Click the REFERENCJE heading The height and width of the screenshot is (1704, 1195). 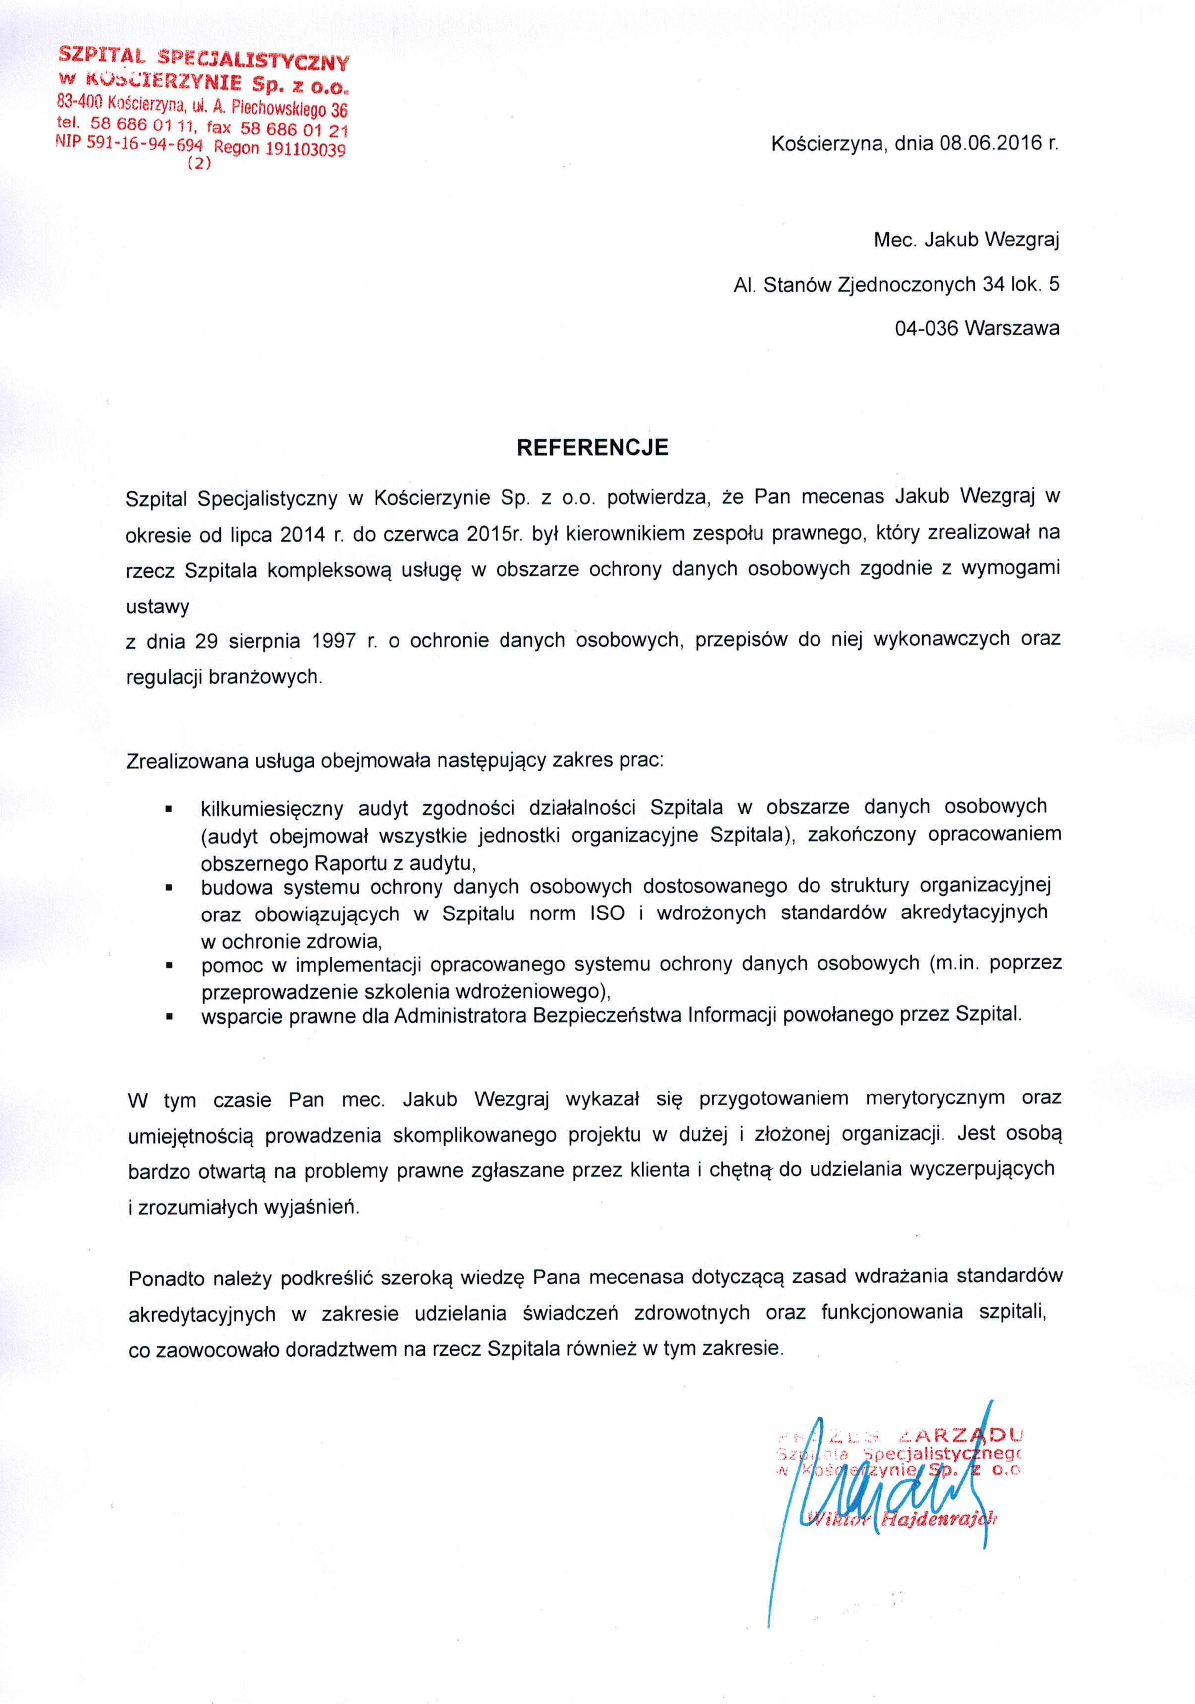(x=592, y=447)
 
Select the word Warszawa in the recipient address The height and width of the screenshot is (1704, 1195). (x=1012, y=328)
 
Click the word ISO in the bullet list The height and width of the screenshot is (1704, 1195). (x=607, y=913)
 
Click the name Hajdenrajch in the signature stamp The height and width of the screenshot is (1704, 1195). (x=937, y=1519)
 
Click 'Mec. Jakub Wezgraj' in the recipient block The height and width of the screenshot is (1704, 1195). (x=966, y=240)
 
